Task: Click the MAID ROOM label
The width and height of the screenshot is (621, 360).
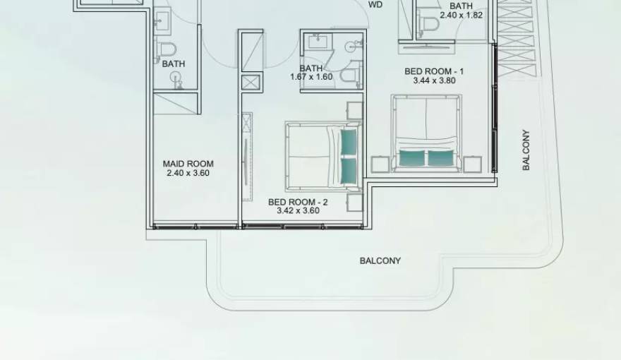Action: click(x=188, y=164)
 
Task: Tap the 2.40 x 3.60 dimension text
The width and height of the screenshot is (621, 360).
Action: click(x=188, y=173)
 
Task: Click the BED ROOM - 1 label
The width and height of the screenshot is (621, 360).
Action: click(x=434, y=71)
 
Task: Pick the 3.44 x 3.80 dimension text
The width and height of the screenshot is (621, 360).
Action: click(x=434, y=80)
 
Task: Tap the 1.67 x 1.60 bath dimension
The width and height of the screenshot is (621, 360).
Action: click(x=311, y=77)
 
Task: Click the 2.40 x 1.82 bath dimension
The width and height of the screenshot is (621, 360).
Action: click(x=461, y=15)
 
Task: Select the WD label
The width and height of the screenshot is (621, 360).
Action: click(x=376, y=4)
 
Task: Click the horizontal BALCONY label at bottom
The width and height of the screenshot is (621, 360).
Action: click(x=380, y=260)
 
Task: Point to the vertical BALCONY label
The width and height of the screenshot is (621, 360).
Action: click(x=526, y=150)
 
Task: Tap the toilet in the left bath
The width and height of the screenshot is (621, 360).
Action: click(x=166, y=49)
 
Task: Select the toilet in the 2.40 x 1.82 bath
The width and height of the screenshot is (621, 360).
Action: click(x=428, y=25)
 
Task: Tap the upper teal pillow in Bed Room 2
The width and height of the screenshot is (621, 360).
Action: click(x=349, y=142)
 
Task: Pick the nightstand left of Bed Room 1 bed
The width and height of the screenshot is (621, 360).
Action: click(x=380, y=165)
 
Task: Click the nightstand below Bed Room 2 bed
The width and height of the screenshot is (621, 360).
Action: click(x=354, y=203)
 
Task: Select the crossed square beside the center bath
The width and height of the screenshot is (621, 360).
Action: click(x=251, y=82)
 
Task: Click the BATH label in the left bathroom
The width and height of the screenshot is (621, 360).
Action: click(x=174, y=64)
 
